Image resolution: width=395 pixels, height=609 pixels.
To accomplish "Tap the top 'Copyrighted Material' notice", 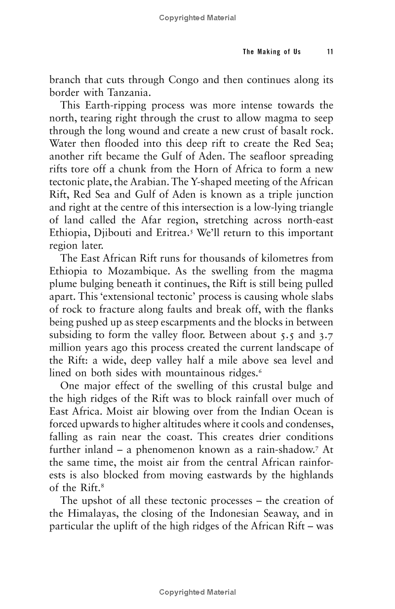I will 197,18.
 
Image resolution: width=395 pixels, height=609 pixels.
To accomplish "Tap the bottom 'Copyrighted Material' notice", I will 197,592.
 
